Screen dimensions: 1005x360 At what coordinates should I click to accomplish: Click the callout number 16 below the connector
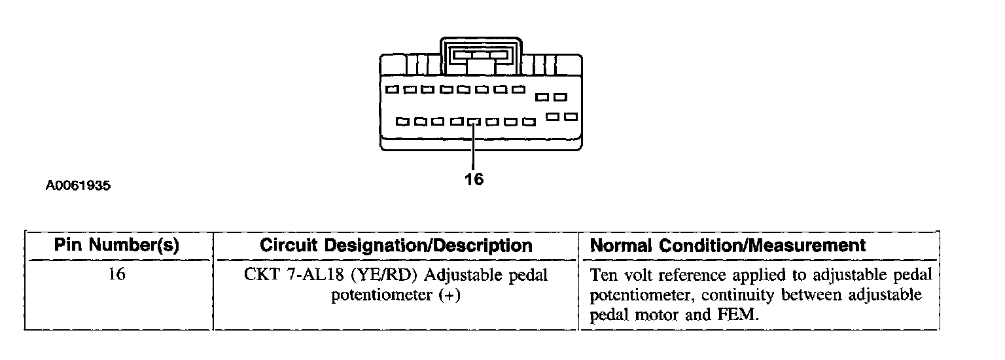[x=474, y=179]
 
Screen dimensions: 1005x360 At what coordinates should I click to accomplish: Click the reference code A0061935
[x=78, y=186]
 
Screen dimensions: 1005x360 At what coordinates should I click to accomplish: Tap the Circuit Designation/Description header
[x=396, y=245]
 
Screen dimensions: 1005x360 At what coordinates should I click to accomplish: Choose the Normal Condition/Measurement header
[x=728, y=245]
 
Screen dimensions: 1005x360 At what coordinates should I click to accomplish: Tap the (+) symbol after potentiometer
[x=450, y=295]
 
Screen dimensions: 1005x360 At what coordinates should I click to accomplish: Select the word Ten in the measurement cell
[x=603, y=275]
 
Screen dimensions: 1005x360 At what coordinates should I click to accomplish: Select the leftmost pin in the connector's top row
[x=392, y=89]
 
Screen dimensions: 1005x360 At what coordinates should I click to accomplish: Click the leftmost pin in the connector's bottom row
[x=402, y=122]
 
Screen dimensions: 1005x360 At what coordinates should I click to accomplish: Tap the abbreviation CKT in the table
[x=260, y=275]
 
